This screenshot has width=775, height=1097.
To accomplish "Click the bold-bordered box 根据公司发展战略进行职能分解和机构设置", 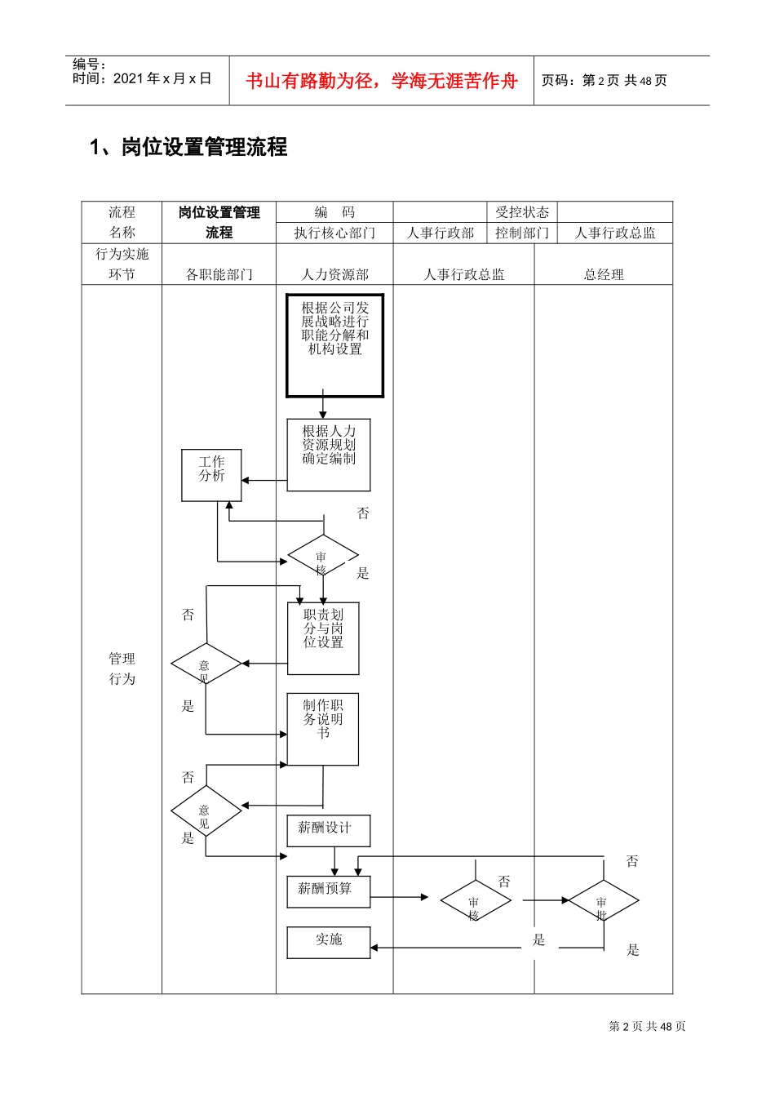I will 334,345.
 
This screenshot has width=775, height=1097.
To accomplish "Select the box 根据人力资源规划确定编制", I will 329,455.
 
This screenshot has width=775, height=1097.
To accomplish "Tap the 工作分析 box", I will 211,475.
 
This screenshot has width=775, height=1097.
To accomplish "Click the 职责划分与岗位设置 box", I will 323,638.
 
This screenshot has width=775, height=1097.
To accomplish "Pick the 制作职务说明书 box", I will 323,729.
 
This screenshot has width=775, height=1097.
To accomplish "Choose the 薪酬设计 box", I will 329,830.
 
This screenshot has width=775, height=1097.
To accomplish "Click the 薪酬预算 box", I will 329,891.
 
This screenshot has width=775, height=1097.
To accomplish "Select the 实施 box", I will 329,942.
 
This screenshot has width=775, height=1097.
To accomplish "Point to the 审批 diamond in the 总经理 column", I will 603,901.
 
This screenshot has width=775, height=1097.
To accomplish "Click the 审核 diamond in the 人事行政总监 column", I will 476,901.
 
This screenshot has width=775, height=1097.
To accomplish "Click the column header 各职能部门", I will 219,274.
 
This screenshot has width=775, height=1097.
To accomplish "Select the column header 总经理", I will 604,274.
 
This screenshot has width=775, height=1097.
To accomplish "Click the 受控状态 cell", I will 522,212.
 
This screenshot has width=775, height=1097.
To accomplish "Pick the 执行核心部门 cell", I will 334,233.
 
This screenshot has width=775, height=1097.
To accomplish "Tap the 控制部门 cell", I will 522,233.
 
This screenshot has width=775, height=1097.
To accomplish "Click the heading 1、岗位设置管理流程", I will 188,147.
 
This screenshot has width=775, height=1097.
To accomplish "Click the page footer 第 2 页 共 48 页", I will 647,1026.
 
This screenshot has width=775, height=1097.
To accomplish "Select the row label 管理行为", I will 122,668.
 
